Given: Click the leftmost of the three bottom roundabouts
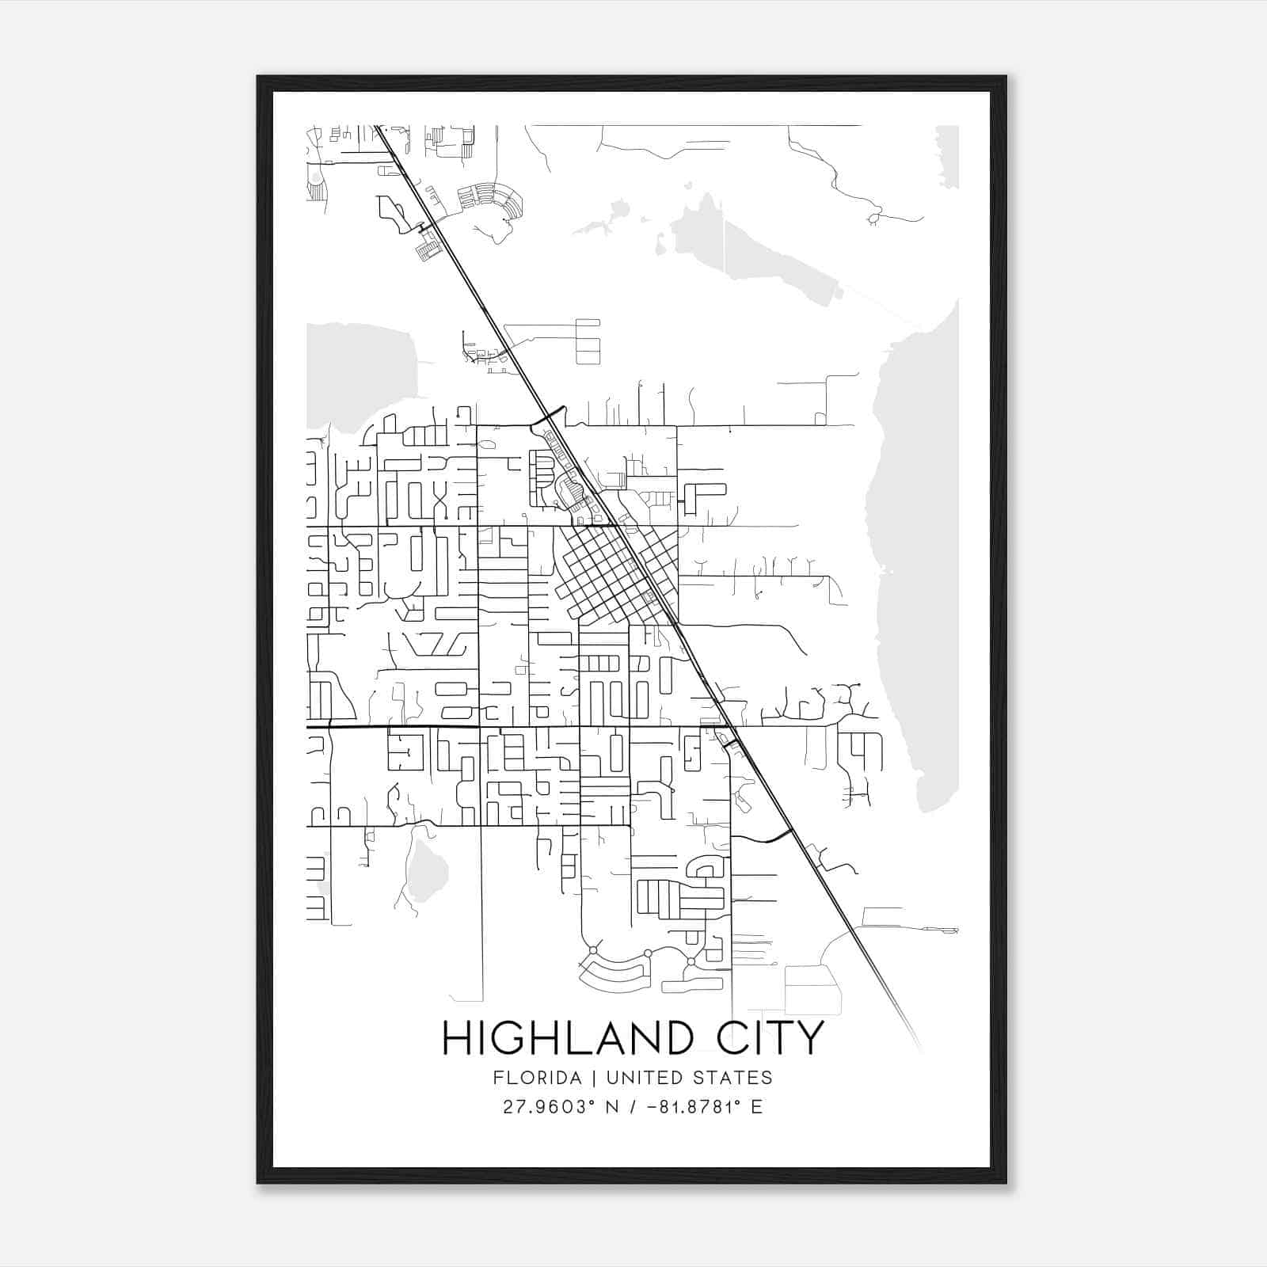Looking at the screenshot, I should [592, 949].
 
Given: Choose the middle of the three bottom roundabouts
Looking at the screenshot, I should [648, 953].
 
